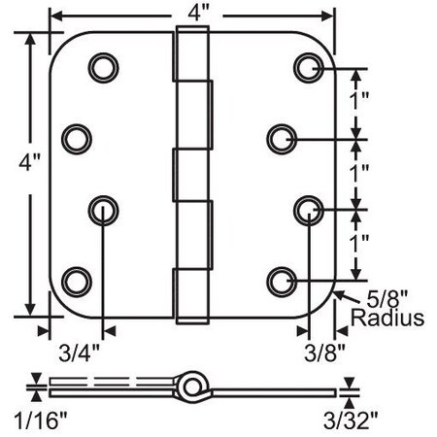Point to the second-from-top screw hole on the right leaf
tap(283, 138)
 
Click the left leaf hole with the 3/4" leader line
tap(101, 209)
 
